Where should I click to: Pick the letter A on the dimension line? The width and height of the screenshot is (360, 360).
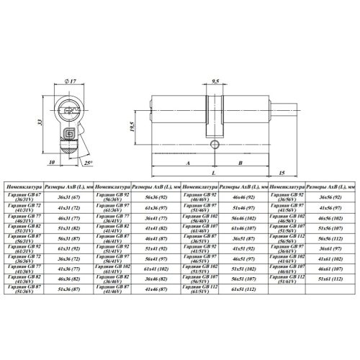point(186,163)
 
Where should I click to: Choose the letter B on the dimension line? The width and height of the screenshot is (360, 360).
point(238,163)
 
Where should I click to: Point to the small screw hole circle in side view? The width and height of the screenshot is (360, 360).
point(214,144)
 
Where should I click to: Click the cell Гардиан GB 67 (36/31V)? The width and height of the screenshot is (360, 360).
point(22,196)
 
